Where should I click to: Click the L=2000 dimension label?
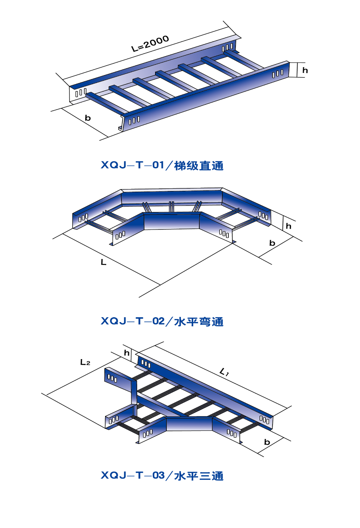pyautogui.click(x=150, y=43)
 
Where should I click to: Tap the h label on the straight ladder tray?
pyautogui.click(x=305, y=70)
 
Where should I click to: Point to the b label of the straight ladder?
pyautogui.click(x=88, y=117)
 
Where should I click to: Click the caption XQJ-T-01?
pyautogui.click(x=132, y=165)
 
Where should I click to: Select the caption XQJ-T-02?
pyautogui.click(x=132, y=321)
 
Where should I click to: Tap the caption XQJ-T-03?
pyautogui.click(x=132, y=475)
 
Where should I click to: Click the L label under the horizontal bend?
pyautogui.click(x=104, y=262)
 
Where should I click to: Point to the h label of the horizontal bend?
pyautogui.click(x=288, y=226)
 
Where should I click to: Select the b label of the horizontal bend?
pyautogui.click(x=272, y=243)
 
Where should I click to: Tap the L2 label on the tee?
pyautogui.click(x=85, y=362)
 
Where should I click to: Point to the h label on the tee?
pyautogui.click(x=127, y=353)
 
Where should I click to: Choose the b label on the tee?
pyautogui.click(x=267, y=442)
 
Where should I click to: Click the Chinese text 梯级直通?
pyautogui.click(x=199, y=166)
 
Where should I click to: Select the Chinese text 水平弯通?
pyautogui.click(x=199, y=321)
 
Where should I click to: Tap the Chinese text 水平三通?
pyautogui.click(x=199, y=476)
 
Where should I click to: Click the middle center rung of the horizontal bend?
pyautogui.click(x=172, y=207)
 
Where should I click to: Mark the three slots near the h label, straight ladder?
pyautogui.click(x=278, y=74)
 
